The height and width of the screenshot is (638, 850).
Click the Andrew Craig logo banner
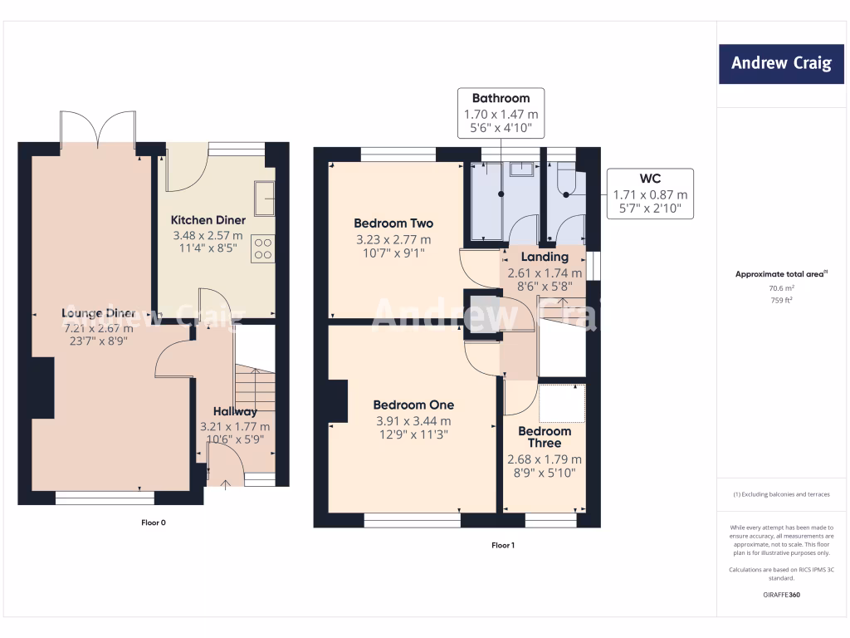pyautogui.click(x=781, y=64)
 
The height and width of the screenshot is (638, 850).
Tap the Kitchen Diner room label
pyautogui.click(x=208, y=220)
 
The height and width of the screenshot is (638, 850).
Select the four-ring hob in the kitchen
pyautogui.click(x=263, y=248)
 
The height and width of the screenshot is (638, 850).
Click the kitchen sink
pyautogui.click(x=265, y=198)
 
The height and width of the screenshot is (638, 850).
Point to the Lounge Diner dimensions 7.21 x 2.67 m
pyautogui.click(x=99, y=328)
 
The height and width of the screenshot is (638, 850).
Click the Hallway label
pyautogui.click(x=235, y=411)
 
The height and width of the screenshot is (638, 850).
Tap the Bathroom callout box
pyautogui.click(x=501, y=113)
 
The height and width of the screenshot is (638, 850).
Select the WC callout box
pyautogui.click(x=650, y=194)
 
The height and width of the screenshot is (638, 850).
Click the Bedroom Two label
pyautogui.click(x=393, y=223)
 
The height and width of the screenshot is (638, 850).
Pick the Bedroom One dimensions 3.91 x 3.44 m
pyautogui.click(x=413, y=421)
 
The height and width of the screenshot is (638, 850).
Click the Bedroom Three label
pyautogui.click(x=545, y=437)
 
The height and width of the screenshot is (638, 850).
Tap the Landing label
pyautogui.click(x=545, y=257)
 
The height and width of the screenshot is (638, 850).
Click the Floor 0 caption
pyautogui.click(x=154, y=523)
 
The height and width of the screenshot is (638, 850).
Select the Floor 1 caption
pyautogui.click(x=503, y=545)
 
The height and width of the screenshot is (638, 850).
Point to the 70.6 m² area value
pyautogui.click(x=781, y=288)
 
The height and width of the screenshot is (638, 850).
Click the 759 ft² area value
pyautogui.click(x=781, y=300)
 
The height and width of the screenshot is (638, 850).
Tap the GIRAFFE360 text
pyautogui.click(x=781, y=595)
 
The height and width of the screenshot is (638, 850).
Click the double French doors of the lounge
pyautogui.click(x=98, y=129)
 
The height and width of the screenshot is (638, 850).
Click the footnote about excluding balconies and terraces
pyautogui.click(x=781, y=494)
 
